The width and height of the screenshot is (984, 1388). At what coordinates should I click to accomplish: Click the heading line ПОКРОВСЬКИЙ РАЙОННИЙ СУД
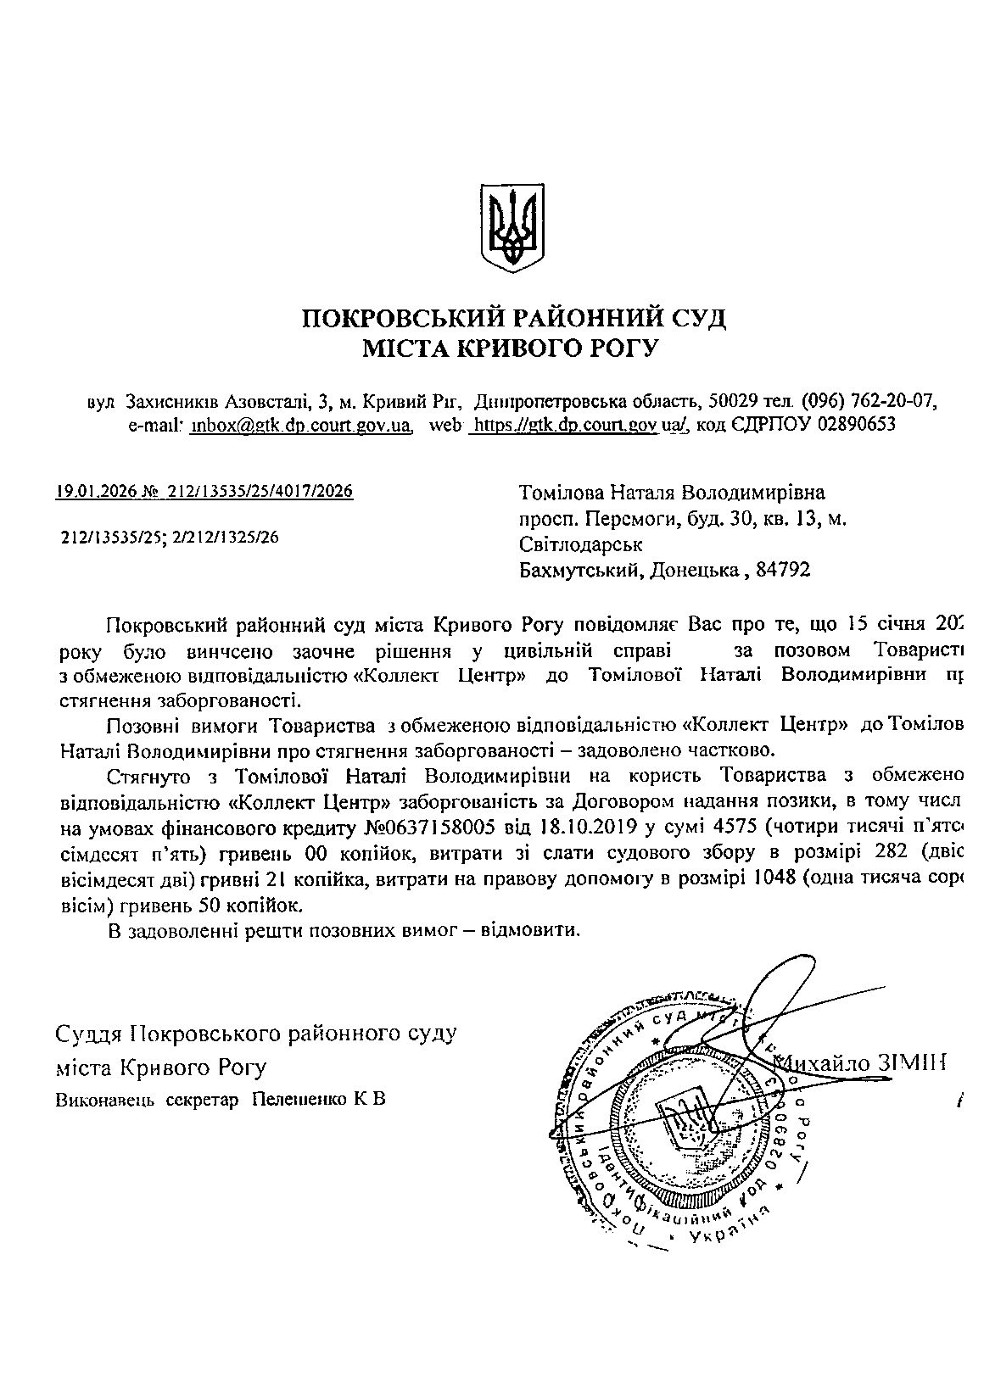[515, 320]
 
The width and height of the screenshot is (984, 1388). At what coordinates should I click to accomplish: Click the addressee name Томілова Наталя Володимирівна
[671, 493]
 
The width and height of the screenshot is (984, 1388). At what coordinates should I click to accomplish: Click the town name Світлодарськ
[580, 543]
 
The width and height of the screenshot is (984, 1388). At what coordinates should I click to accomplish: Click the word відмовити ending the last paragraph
[529, 930]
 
